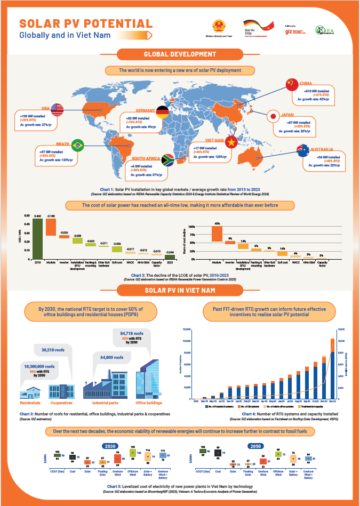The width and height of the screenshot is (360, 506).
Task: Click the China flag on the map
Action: (290, 84)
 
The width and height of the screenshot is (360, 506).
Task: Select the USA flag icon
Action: (57, 109)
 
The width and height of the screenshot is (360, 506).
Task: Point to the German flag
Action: (163, 113)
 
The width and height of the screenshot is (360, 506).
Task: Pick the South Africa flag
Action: (166, 160)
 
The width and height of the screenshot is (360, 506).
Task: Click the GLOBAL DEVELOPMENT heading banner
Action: (180, 54)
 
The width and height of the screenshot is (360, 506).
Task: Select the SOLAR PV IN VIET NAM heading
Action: (180, 290)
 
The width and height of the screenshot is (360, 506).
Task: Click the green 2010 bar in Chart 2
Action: (37, 238)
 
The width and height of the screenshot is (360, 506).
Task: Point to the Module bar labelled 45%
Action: (217, 234)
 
